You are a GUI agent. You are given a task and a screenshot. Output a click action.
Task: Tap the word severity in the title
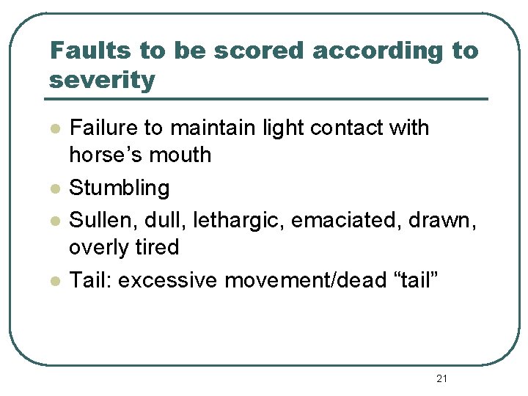pos(102,80)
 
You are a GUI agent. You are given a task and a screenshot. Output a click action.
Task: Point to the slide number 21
pos(441,378)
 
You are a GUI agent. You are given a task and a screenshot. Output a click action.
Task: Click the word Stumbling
pos(119,188)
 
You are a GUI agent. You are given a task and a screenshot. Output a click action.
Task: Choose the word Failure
pos(103,128)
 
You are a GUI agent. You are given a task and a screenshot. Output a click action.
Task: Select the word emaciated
pos(342,219)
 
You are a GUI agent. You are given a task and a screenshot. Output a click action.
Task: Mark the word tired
pos(155,247)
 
